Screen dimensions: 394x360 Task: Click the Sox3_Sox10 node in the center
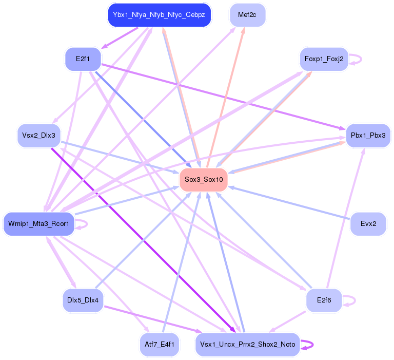[x=204, y=180]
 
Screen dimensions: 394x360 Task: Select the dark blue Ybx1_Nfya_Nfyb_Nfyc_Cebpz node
[x=159, y=15]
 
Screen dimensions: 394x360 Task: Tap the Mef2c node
[x=247, y=15]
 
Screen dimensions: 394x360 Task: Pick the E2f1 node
[x=83, y=59]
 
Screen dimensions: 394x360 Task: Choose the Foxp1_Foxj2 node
[x=324, y=59]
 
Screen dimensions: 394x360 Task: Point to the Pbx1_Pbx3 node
[x=368, y=136]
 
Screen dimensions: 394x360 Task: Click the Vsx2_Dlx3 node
[x=39, y=136]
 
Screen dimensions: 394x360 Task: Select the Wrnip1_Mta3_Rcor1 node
[x=39, y=224]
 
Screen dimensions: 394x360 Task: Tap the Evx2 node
[x=368, y=224]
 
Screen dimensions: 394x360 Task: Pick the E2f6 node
[x=324, y=300]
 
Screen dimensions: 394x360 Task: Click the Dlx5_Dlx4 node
[x=83, y=300]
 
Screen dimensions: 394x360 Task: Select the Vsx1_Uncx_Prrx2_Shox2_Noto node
[x=247, y=345]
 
